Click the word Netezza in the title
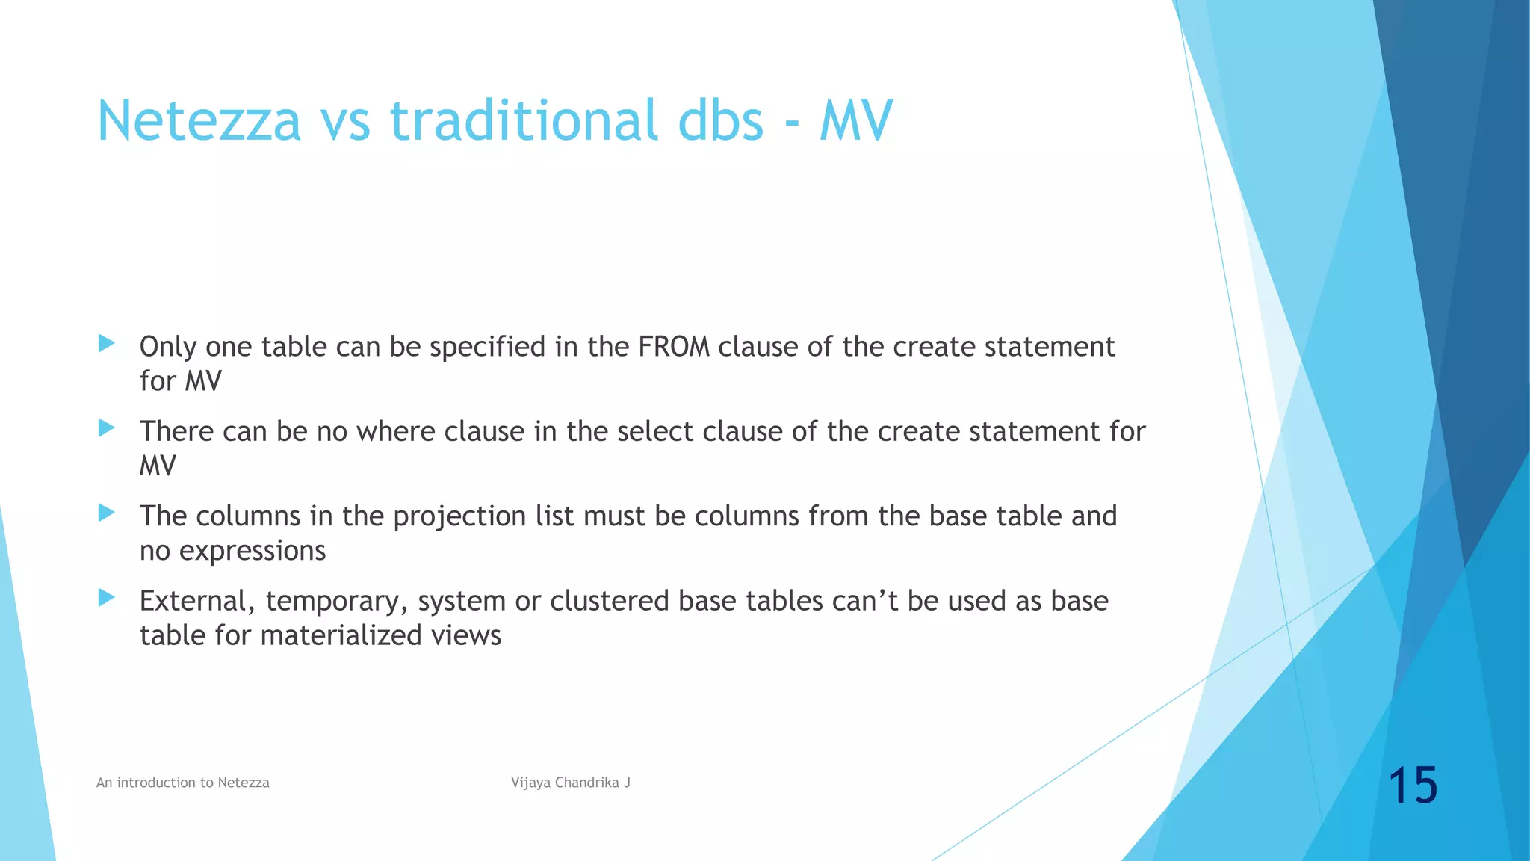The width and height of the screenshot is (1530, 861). click(199, 120)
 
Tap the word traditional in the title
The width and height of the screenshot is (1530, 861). click(524, 120)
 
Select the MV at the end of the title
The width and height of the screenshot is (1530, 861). click(855, 120)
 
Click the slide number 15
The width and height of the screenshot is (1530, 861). click(1413, 786)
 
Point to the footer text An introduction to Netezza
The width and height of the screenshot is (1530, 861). click(183, 783)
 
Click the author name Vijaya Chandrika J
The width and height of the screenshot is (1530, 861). click(571, 783)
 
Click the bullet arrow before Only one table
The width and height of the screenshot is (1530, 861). click(107, 344)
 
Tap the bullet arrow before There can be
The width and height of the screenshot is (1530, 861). click(107, 428)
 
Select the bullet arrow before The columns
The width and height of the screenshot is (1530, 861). click(107, 513)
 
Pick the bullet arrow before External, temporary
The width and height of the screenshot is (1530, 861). click(107, 598)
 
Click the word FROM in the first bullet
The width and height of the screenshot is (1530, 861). click(674, 347)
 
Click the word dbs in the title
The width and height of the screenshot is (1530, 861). click(721, 120)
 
